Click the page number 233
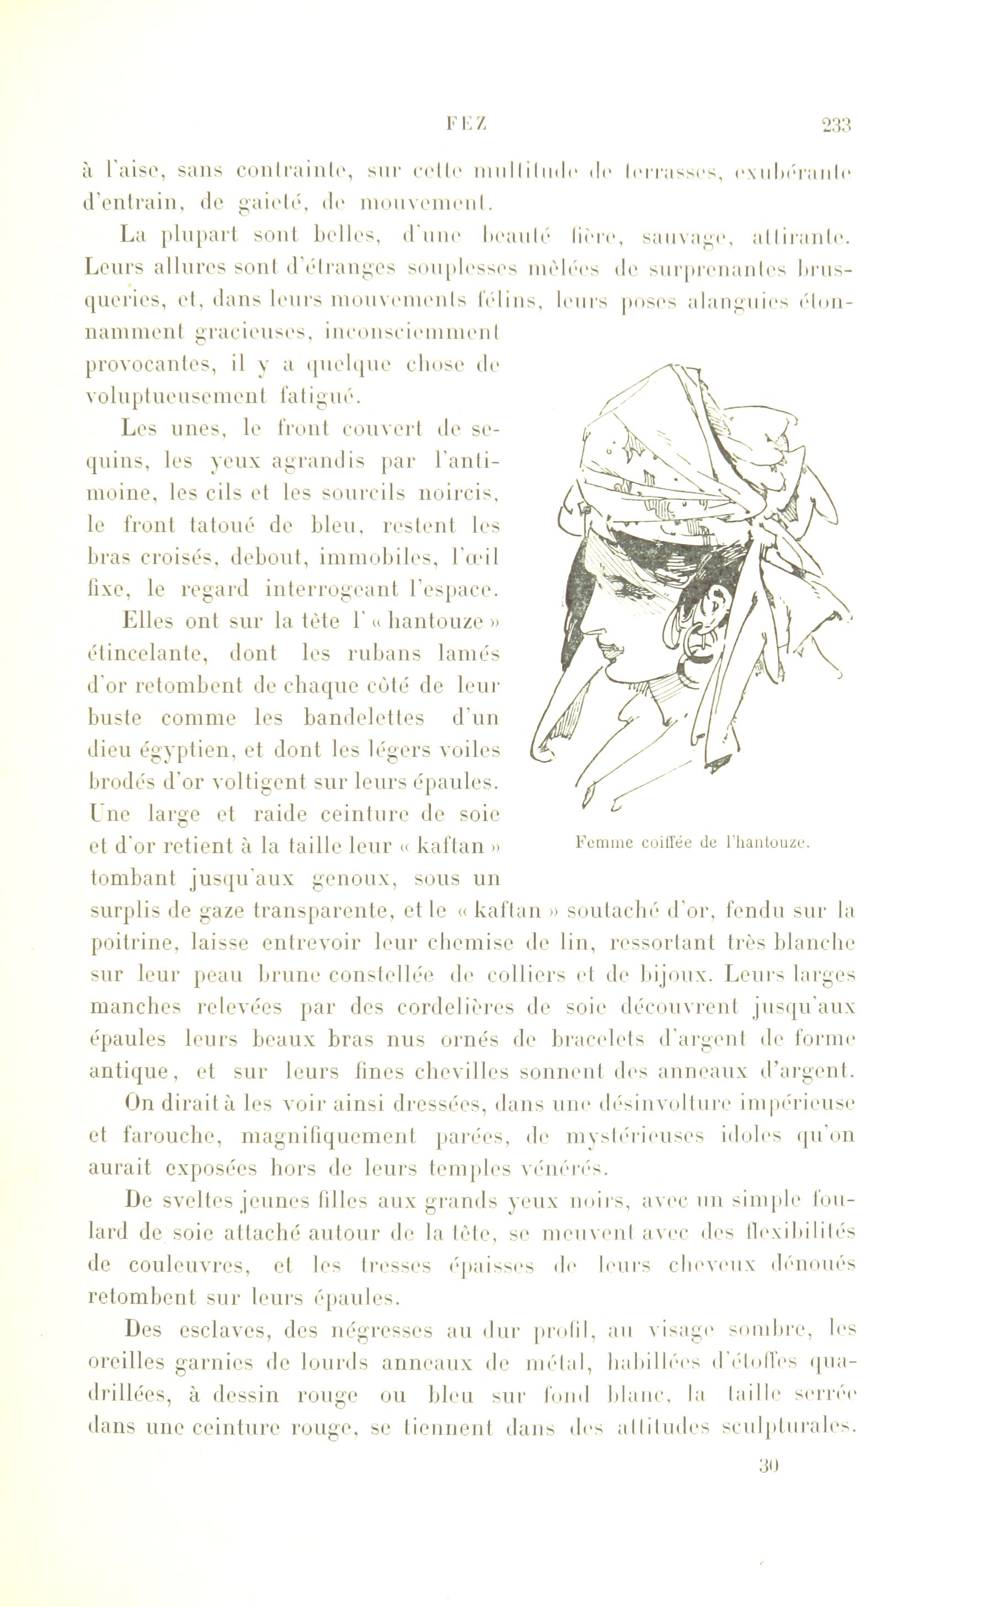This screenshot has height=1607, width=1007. pyautogui.click(x=836, y=125)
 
